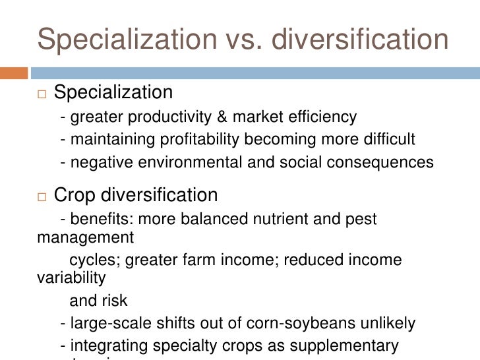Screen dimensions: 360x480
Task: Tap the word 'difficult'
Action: click(x=390, y=139)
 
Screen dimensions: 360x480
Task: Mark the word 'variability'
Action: click(x=69, y=278)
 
